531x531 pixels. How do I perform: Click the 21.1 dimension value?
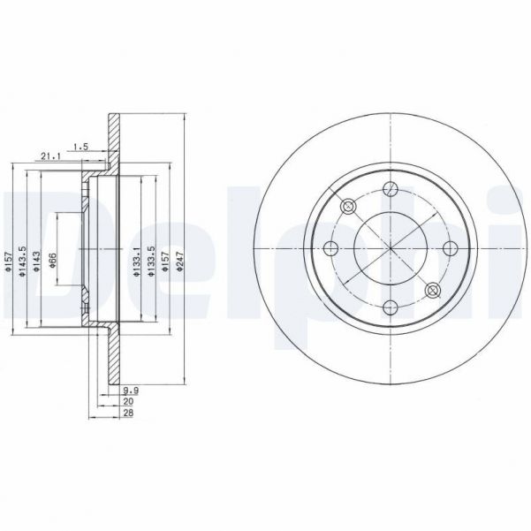click(x=50, y=157)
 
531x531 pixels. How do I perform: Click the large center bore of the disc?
click(x=389, y=247)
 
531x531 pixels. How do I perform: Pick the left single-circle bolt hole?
click(x=330, y=247)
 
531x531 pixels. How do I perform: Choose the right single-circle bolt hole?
click(x=448, y=247)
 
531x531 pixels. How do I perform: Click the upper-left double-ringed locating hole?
click(x=347, y=206)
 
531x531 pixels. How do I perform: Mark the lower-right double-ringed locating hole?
click(x=431, y=290)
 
